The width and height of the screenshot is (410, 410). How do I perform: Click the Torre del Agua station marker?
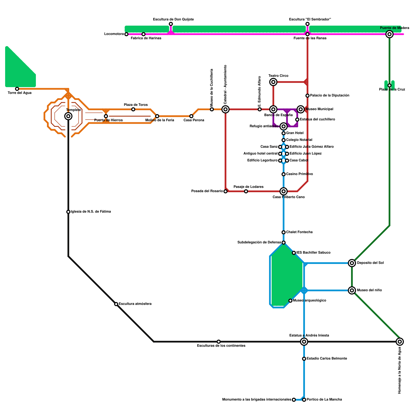[x=17, y=89]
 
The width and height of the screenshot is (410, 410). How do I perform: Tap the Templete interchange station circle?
[x=68, y=116]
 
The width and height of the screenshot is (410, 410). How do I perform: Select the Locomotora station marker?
[x=126, y=34]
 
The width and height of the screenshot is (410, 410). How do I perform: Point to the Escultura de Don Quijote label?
[x=173, y=19]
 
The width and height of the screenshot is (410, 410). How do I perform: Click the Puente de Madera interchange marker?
[x=389, y=34]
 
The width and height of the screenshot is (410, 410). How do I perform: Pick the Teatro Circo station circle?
[x=273, y=82]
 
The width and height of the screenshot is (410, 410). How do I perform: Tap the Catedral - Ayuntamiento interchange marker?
[x=225, y=109]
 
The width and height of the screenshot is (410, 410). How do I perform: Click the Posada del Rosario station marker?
[x=225, y=191]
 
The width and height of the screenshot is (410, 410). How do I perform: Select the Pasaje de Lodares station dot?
[x=246, y=191]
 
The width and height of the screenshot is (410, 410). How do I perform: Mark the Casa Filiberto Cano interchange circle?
[x=283, y=191]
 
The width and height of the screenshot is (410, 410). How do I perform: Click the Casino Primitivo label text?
[x=299, y=174]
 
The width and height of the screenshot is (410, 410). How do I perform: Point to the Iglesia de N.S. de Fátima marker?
[x=68, y=212]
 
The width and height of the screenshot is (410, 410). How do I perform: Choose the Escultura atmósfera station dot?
[x=116, y=304]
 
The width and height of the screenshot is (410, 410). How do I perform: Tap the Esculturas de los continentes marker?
[x=219, y=342]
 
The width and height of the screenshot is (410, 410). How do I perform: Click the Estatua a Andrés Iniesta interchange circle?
[x=304, y=342]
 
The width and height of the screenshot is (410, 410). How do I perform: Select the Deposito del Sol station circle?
[x=352, y=263]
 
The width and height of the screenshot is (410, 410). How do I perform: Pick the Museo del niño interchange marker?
[x=352, y=290]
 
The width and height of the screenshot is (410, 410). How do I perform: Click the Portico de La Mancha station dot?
[x=304, y=400]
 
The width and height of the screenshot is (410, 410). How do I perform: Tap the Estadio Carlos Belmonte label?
[x=327, y=358]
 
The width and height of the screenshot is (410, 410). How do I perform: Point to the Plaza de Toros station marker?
[x=133, y=109]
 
